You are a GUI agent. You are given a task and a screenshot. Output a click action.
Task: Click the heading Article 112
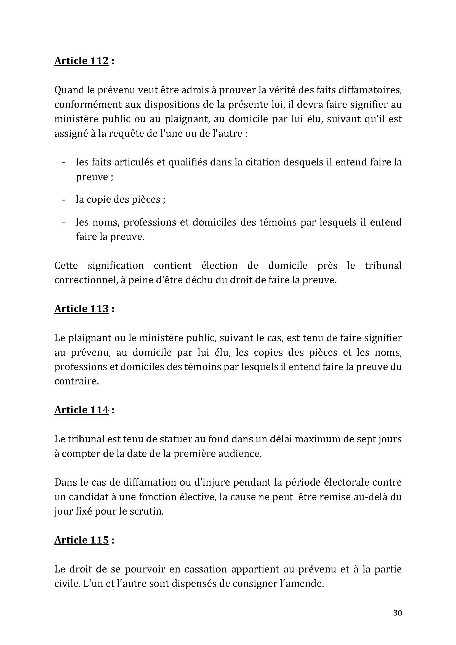(81, 61)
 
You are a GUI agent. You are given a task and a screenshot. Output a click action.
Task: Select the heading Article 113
(81, 309)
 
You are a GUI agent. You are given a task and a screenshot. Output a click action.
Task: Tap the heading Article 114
(81, 410)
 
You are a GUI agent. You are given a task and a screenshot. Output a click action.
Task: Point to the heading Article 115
(81, 540)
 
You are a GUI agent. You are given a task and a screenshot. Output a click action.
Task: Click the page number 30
(398, 613)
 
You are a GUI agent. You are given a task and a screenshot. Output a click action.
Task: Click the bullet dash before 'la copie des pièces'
(64, 200)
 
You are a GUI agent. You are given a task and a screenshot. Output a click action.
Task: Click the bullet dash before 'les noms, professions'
(64, 223)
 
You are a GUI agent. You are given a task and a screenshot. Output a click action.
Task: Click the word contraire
(77, 381)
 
